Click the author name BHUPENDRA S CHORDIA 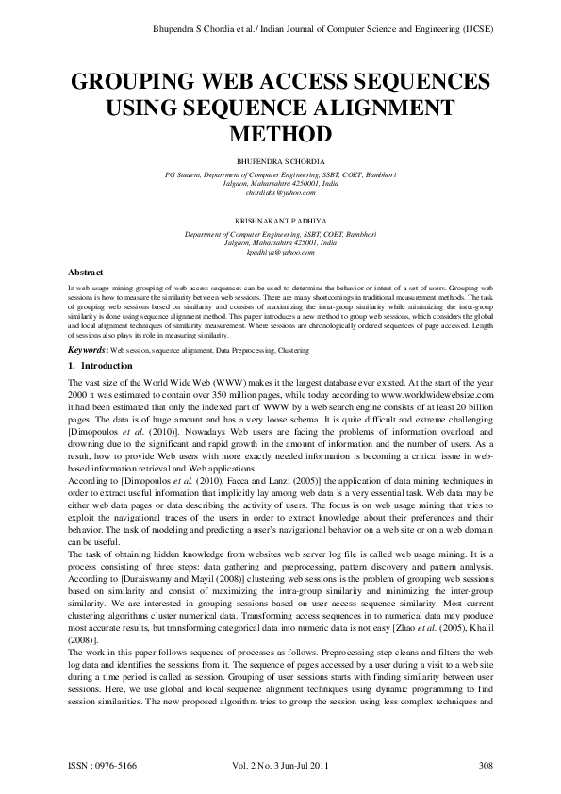coord(280,161)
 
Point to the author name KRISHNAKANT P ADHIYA coord(280,219)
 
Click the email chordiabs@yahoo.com coord(280,191)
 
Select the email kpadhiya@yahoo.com coord(280,252)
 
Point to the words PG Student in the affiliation coord(185,174)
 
